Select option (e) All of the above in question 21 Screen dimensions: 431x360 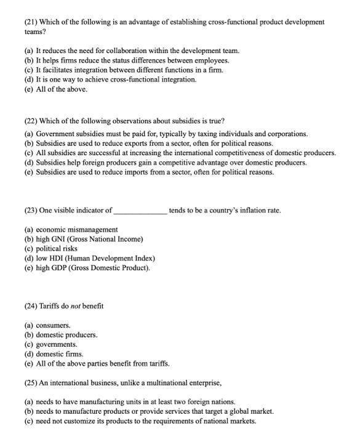pos(56,89)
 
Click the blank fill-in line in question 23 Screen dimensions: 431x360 pos(140,211)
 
